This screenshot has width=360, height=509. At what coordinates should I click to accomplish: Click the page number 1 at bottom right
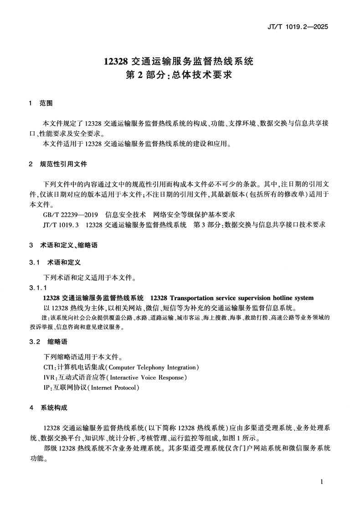tap(322, 482)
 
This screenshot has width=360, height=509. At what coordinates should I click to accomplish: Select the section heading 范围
tap(46, 103)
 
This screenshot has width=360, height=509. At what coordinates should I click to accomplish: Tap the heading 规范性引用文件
tap(63, 164)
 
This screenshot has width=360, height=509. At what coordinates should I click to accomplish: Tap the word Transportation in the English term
tap(198, 298)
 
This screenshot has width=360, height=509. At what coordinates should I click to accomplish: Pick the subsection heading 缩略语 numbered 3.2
tap(57, 341)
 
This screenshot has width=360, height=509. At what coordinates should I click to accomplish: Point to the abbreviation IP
tap(46, 388)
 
